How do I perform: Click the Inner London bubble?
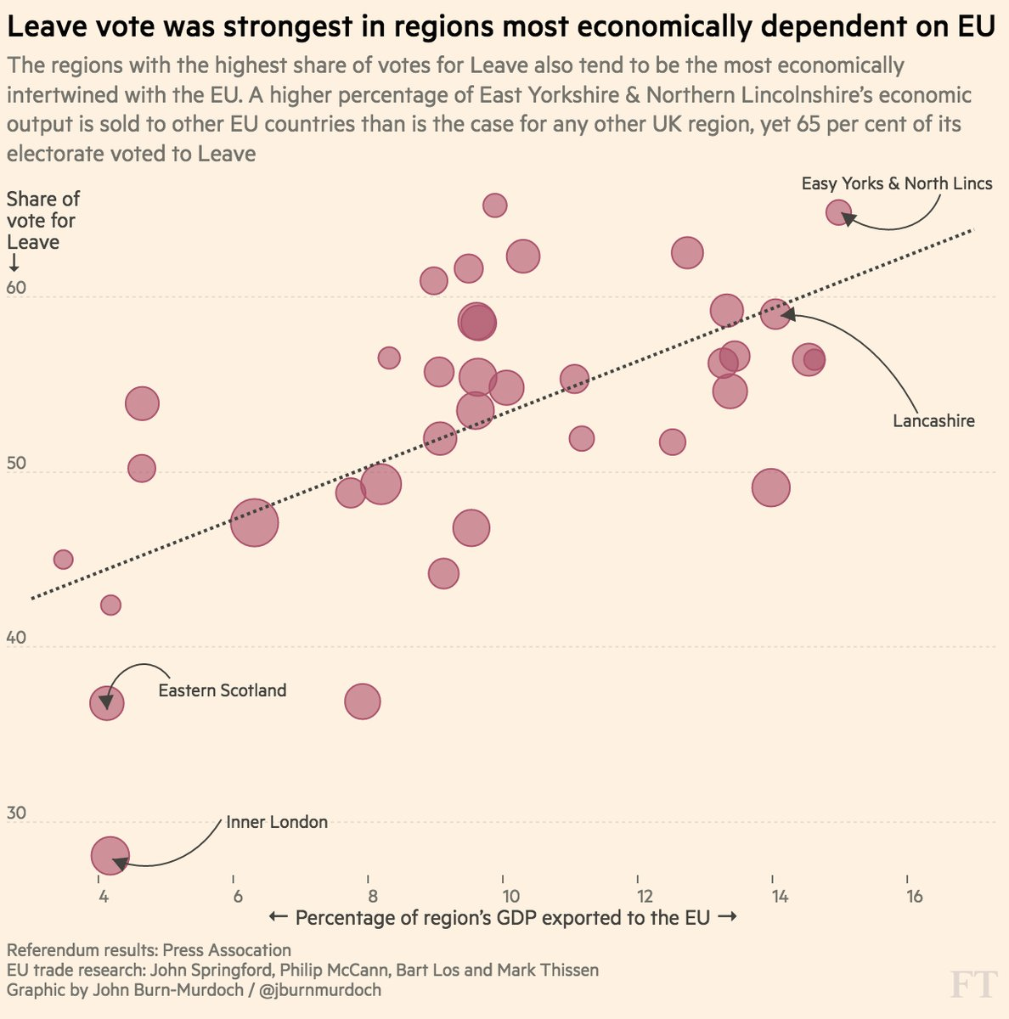coord(110,856)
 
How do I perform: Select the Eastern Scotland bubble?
coord(106,703)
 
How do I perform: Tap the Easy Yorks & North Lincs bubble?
coord(838,212)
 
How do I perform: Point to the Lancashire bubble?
coord(775,314)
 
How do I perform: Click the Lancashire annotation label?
coord(933,420)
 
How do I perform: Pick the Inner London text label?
coord(276,822)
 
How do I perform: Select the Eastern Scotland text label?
coord(222,690)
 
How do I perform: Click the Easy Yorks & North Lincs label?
coord(896,183)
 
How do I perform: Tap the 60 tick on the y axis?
coord(17,288)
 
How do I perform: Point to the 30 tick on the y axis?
coord(17,813)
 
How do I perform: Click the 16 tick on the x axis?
coord(914,897)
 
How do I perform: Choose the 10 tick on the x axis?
coord(509,897)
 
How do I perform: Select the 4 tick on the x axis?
coord(102,897)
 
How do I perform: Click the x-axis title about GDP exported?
coord(502,918)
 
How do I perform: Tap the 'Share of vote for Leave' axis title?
coord(42,221)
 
